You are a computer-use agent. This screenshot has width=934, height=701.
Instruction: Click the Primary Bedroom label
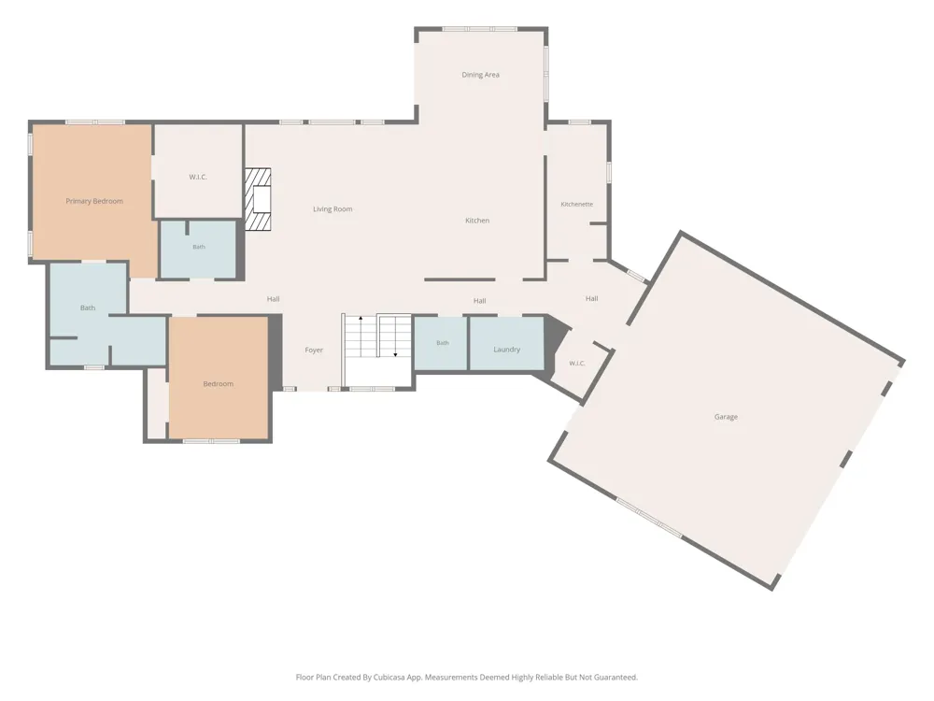click(x=94, y=201)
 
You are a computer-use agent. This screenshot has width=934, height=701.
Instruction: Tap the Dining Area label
click(x=480, y=75)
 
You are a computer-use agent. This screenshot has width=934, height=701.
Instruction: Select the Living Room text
click(x=333, y=208)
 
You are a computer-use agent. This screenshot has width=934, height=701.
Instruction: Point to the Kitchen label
click(x=477, y=220)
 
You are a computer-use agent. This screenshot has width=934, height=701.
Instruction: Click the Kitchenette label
click(x=576, y=204)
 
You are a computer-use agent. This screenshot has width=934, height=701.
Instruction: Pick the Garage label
click(x=726, y=417)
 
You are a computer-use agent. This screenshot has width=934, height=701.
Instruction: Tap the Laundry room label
click(x=506, y=350)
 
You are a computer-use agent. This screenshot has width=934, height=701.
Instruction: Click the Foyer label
click(x=313, y=350)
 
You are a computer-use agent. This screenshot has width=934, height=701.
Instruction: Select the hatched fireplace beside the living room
click(x=258, y=199)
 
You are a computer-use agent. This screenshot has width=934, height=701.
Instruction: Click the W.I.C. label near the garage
click(x=576, y=363)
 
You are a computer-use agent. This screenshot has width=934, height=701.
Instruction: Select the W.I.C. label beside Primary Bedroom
click(x=198, y=177)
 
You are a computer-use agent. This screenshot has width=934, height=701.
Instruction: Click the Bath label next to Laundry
click(x=442, y=343)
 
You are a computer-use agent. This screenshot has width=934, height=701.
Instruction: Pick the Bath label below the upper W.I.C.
click(x=198, y=247)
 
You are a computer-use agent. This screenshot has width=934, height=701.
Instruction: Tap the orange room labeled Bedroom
click(x=218, y=379)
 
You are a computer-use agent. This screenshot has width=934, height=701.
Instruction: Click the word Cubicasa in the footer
click(x=390, y=677)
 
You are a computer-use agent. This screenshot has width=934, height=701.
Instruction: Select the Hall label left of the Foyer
click(x=273, y=299)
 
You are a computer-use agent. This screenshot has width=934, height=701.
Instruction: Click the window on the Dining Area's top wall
click(x=479, y=29)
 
